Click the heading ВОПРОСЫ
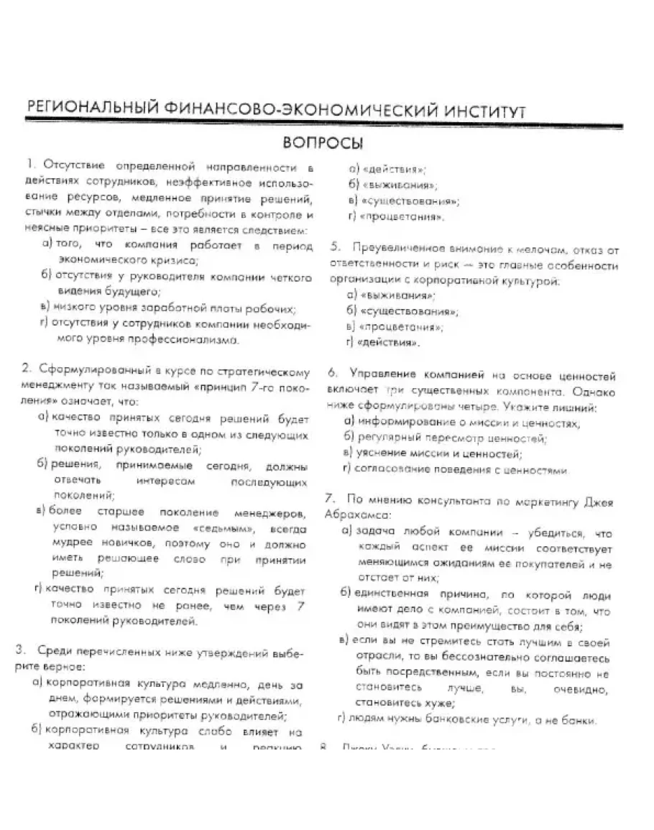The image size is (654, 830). pyautogui.click(x=322, y=142)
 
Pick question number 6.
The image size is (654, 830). pyautogui.click(x=333, y=374)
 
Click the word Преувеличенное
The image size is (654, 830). pyautogui.click(x=395, y=249)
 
